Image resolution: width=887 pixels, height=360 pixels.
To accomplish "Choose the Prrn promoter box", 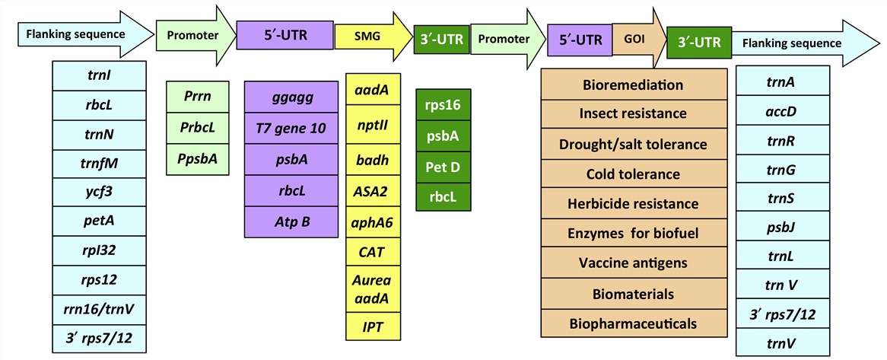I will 198,97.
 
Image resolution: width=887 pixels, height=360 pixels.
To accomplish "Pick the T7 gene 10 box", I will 290,128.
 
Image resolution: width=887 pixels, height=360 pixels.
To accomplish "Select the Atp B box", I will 290,221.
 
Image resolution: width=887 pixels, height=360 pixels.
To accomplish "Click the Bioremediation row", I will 632,84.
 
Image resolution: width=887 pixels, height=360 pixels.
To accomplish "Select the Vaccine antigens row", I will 632,263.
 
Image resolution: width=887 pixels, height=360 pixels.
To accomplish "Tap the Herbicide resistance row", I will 632,203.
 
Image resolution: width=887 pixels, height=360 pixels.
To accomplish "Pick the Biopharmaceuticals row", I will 632,323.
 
